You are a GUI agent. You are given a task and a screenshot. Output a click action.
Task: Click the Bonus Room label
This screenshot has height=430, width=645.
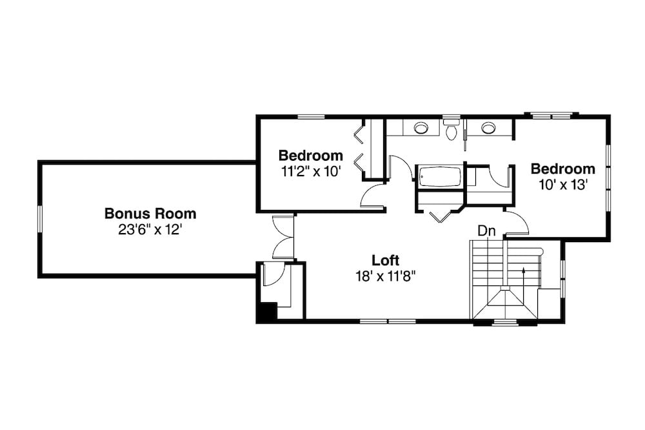point(150,213)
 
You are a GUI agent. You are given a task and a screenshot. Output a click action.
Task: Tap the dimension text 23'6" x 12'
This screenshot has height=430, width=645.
point(150,229)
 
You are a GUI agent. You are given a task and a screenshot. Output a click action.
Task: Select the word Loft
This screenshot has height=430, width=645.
point(386,260)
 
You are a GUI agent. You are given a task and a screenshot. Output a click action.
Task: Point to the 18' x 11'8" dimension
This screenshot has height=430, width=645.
point(386,276)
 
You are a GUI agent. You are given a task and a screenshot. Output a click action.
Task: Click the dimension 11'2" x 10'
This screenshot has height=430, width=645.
point(310,172)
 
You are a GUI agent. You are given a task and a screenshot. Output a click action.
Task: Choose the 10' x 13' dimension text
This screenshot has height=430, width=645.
point(562,184)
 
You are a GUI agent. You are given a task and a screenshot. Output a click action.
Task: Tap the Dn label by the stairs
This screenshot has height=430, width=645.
point(486,230)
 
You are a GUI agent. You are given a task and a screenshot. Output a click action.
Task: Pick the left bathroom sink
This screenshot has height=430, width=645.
point(421,128)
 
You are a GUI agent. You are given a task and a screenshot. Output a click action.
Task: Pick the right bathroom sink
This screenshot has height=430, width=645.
point(488,128)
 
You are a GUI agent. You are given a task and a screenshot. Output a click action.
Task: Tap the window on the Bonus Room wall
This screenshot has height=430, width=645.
point(40,219)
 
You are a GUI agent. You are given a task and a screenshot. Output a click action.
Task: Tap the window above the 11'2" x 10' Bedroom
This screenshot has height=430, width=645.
point(311,117)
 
